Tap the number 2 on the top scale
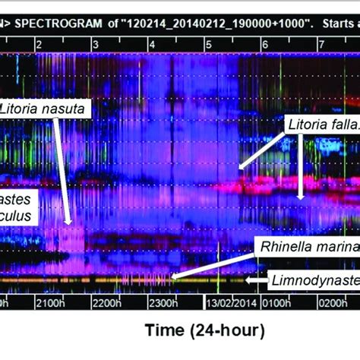coord(39,46)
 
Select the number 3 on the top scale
coord(96,46)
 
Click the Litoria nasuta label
coord(45,109)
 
